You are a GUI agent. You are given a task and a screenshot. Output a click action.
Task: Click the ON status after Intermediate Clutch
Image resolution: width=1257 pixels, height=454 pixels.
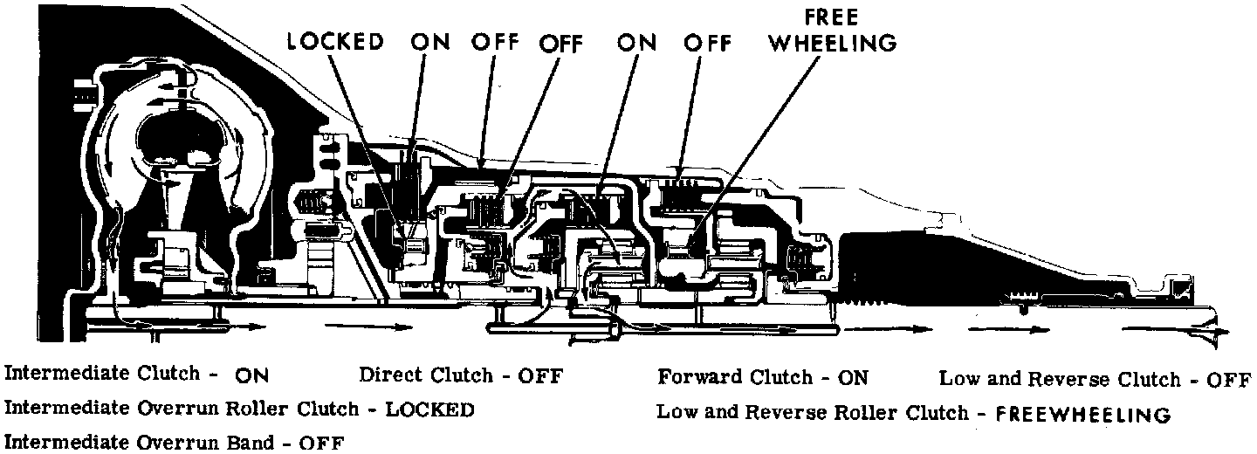tap(251, 376)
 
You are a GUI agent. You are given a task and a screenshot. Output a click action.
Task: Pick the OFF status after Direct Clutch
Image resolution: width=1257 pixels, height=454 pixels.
tap(540, 376)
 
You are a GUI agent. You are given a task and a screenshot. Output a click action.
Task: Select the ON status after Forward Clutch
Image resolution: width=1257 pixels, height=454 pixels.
tap(853, 377)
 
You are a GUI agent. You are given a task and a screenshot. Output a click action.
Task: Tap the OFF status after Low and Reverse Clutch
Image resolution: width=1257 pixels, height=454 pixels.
tap(1227, 379)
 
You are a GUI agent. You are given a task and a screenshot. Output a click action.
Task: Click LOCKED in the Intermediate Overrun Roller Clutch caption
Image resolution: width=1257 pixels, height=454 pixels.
tap(429, 409)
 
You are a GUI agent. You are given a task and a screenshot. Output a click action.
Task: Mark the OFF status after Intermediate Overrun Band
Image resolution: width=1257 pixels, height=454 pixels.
tap(320, 442)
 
